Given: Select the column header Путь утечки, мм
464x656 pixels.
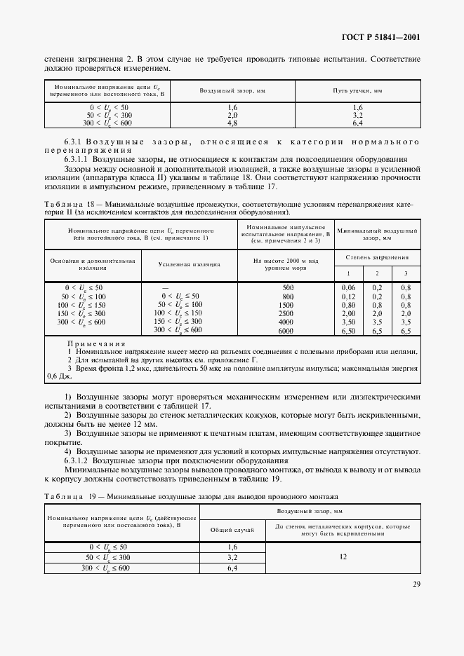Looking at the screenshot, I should pyautogui.click(x=357, y=92).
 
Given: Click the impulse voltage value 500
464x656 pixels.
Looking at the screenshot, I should pyautogui.click(x=287, y=287).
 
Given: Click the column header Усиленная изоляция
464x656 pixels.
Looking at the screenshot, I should pyautogui.click(x=190, y=264).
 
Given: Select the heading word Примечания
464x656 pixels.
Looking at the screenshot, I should pyautogui.click(x=96, y=344).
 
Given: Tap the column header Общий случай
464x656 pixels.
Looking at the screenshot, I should pyautogui.click(x=232, y=529).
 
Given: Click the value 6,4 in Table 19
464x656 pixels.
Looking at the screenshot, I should pyautogui.click(x=232, y=568).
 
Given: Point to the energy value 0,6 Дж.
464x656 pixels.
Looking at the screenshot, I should pyautogui.click(x=56, y=376).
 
